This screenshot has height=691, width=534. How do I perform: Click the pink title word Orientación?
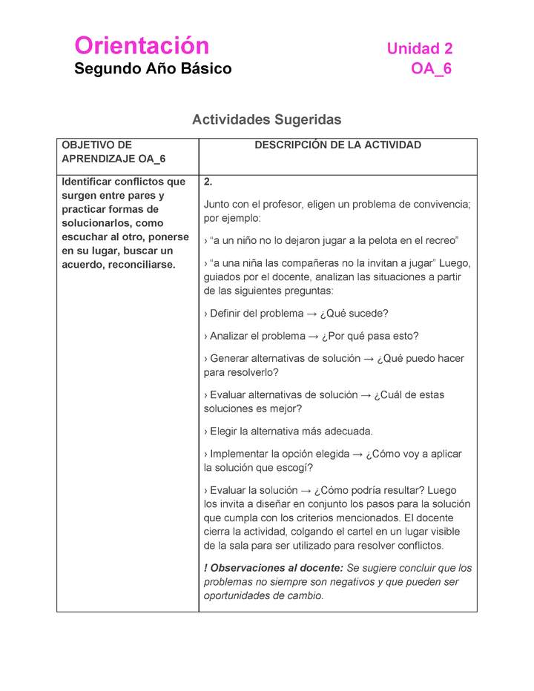[x=142, y=46]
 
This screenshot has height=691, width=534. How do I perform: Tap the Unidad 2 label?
[x=419, y=49]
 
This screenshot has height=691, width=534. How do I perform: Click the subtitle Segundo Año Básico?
[x=153, y=69]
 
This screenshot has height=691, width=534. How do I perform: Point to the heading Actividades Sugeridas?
[x=266, y=119]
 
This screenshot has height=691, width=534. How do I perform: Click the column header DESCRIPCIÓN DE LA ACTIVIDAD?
[x=337, y=145]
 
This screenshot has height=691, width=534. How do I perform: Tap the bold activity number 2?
[x=208, y=182]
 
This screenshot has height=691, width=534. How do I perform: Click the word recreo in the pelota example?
[x=441, y=241]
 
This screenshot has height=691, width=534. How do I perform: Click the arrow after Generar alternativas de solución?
[x=368, y=359]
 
